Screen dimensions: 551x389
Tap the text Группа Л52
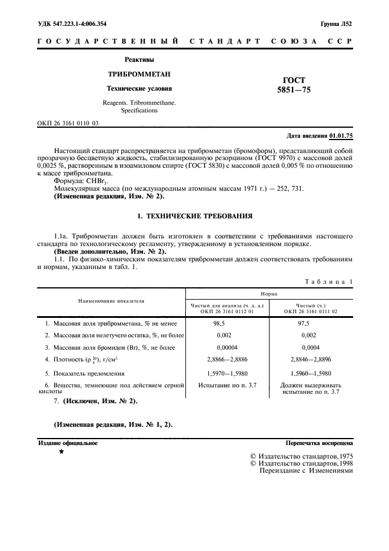tap(336, 24)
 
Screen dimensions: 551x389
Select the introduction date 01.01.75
tap(340, 135)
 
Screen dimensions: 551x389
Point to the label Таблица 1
tap(328, 281)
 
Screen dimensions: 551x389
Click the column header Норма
tap(270, 293)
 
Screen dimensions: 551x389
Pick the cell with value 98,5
tap(220, 324)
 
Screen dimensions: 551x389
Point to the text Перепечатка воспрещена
tap(319, 443)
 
